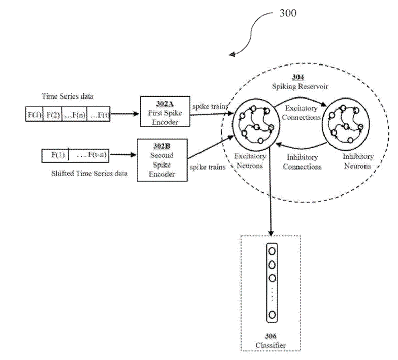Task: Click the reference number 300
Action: point(287,13)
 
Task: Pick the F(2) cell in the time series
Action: point(53,115)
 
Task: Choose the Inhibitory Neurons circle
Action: point(348,123)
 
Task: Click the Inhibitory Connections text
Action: point(302,161)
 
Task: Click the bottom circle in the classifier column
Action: point(272,315)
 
